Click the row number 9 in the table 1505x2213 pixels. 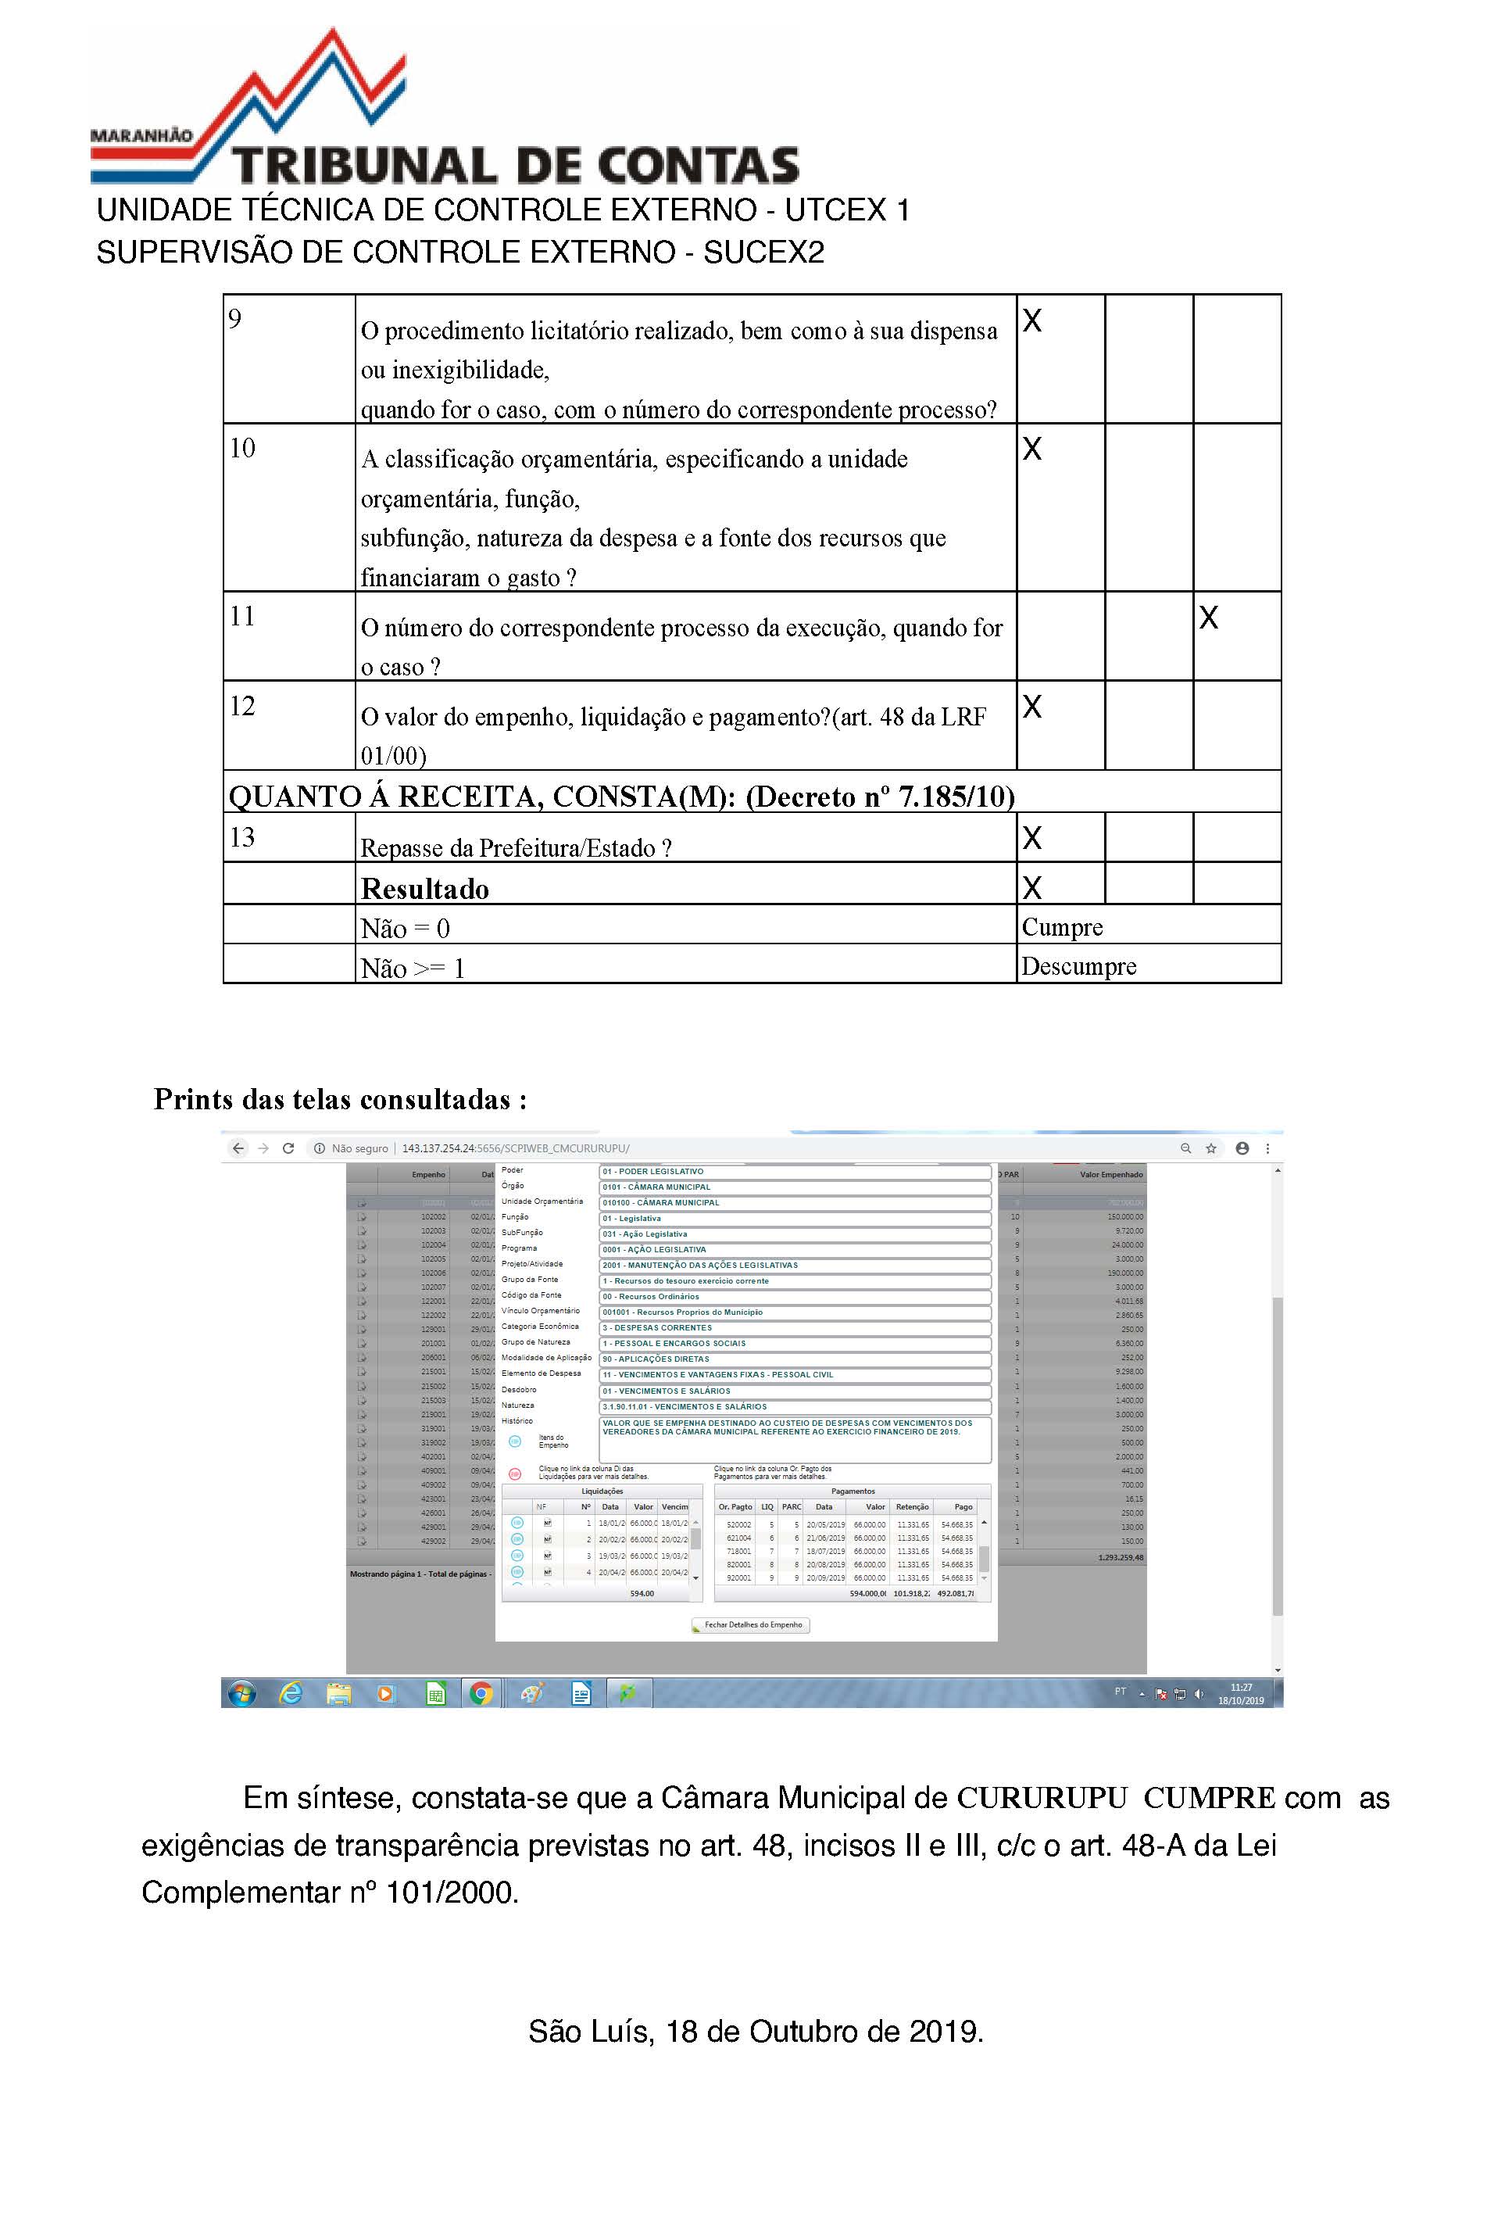pyautogui.click(x=235, y=318)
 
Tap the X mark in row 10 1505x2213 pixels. pyautogui.click(x=1032, y=449)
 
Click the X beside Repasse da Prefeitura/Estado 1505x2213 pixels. pyautogui.click(x=1032, y=838)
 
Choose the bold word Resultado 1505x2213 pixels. pyautogui.click(x=424, y=889)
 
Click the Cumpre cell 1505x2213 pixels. pyautogui.click(x=1063, y=926)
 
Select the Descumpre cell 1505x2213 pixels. pyautogui.click(x=1078, y=966)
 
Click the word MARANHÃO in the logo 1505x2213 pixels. pyautogui.click(x=141, y=135)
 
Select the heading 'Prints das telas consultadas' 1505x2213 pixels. pyautogui.click(x=340, y=1100)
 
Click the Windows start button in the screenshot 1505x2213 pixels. pyautogui.click(x=241, y=1693)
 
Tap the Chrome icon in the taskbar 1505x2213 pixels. pyautogui.click(x=481, y=1693)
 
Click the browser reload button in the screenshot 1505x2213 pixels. pyautogui.click(x=288, y=1148)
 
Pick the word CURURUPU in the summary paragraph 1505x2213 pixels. pyautogui.click(x=1042, y=1798)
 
